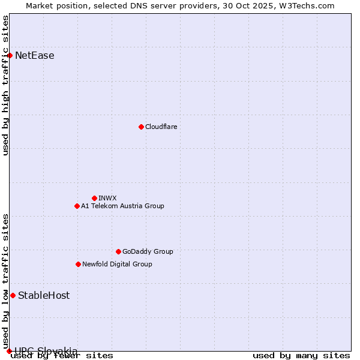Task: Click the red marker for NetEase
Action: click(10, 56)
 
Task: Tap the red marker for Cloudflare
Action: click(141, 127)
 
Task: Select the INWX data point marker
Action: click(94, 198)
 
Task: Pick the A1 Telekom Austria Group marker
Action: click(77, 206)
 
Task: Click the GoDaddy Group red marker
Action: click(118, 251)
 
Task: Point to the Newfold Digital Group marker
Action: click(78, 264)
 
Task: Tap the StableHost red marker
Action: click(13, 295)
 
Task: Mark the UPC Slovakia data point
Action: click(9, 351)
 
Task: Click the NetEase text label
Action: click(35, 56)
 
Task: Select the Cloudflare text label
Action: click(161, 127)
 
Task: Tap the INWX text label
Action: click(107, 198)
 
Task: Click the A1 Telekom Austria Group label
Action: click(122, 206)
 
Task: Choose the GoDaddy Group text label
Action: click(148, 251)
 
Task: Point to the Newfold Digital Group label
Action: click(117, 264)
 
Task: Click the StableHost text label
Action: click(44, 295)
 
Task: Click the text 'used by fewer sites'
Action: click(62, 356)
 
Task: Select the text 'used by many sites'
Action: click(301, 356)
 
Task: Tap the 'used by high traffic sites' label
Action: click(6, 85)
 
